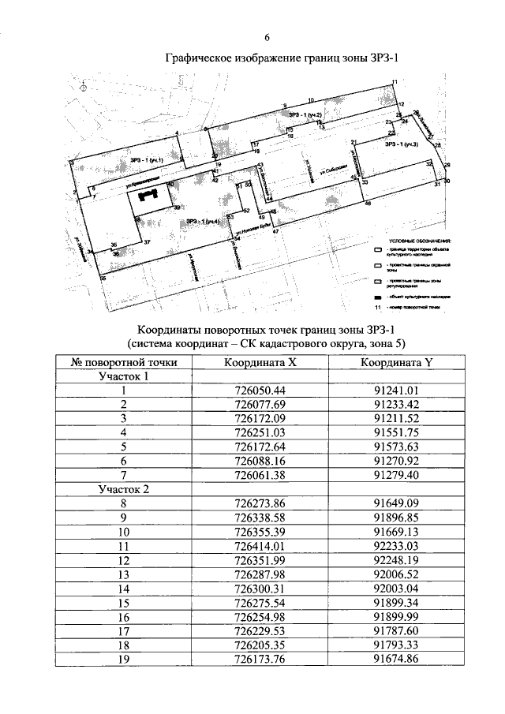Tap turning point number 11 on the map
[395, 83]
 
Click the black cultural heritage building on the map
[149, 194]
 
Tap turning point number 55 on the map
[102, 278]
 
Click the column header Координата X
[259, 362]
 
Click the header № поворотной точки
[123, 362]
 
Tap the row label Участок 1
[123, 376]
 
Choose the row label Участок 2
[123, 489]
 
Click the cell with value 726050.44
[259, 391]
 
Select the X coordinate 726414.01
[259, 545]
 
